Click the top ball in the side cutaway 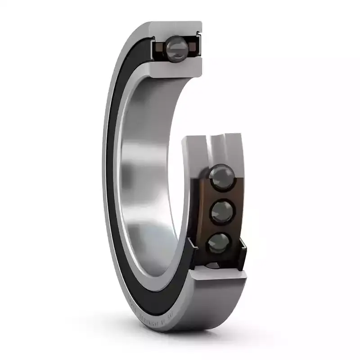[x=221, y=174]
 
